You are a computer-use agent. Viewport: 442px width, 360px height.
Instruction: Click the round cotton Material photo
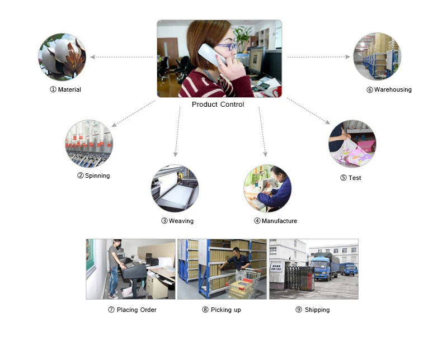[x=62, y=56]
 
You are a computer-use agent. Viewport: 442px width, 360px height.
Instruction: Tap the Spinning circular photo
[x=88, y=144]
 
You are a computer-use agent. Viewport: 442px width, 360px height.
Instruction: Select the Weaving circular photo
[x=175, y=188]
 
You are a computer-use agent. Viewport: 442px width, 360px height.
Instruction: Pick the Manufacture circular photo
[x=267, y=188]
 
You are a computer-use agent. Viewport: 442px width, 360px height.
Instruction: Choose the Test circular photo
[x=352, y=144]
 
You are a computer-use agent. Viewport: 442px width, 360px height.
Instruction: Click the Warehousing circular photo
[x=377, y=56]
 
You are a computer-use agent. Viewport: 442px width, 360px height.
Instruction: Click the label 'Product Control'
[x=218, y=105]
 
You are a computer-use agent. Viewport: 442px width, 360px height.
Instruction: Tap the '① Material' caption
[x=65, y=89]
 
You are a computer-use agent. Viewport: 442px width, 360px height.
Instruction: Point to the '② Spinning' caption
[x=93, y=176]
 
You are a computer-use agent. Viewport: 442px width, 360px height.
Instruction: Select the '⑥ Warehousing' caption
[x=389, y=89]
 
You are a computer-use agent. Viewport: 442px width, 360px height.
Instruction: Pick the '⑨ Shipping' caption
[x=313, y=310]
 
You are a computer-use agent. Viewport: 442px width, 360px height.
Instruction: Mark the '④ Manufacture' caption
[x=275, y=221]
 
